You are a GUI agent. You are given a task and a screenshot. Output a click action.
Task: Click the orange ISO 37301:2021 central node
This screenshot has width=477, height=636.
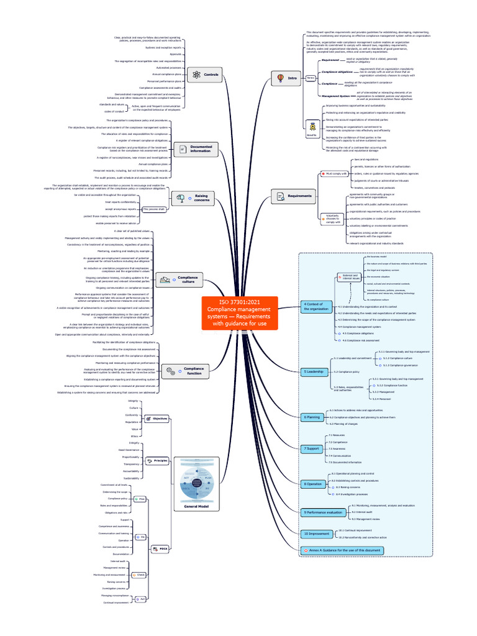click(x=239, y=312)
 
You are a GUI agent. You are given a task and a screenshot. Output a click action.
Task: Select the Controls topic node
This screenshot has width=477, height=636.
click(x=204, y=75)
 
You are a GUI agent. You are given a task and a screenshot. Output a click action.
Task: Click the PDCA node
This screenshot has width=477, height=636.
click(x=160, y=548)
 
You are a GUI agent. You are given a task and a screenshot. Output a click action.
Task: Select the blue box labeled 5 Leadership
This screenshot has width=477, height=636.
click(x=314, y=371)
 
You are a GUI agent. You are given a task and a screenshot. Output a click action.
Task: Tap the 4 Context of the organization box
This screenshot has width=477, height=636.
click(x=316, y=306)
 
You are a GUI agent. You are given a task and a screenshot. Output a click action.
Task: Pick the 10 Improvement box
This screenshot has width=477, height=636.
click(x=316, y=534)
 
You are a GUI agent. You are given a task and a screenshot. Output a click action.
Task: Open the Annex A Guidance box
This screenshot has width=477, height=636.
click(x=341, y=550)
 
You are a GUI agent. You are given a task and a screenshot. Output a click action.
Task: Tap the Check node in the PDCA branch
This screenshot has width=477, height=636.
click(x=140, y=575)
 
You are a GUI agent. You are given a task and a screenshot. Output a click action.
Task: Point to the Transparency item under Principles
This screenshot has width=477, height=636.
click(x=131, y=464)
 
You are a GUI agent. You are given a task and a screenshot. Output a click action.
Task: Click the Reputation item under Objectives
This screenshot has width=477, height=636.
click(x=131, y=422)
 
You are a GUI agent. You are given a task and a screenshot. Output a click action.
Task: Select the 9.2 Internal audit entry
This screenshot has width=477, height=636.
click(x=361, y=512)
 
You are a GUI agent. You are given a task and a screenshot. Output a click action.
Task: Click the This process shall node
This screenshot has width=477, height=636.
click(x=153, y=209)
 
